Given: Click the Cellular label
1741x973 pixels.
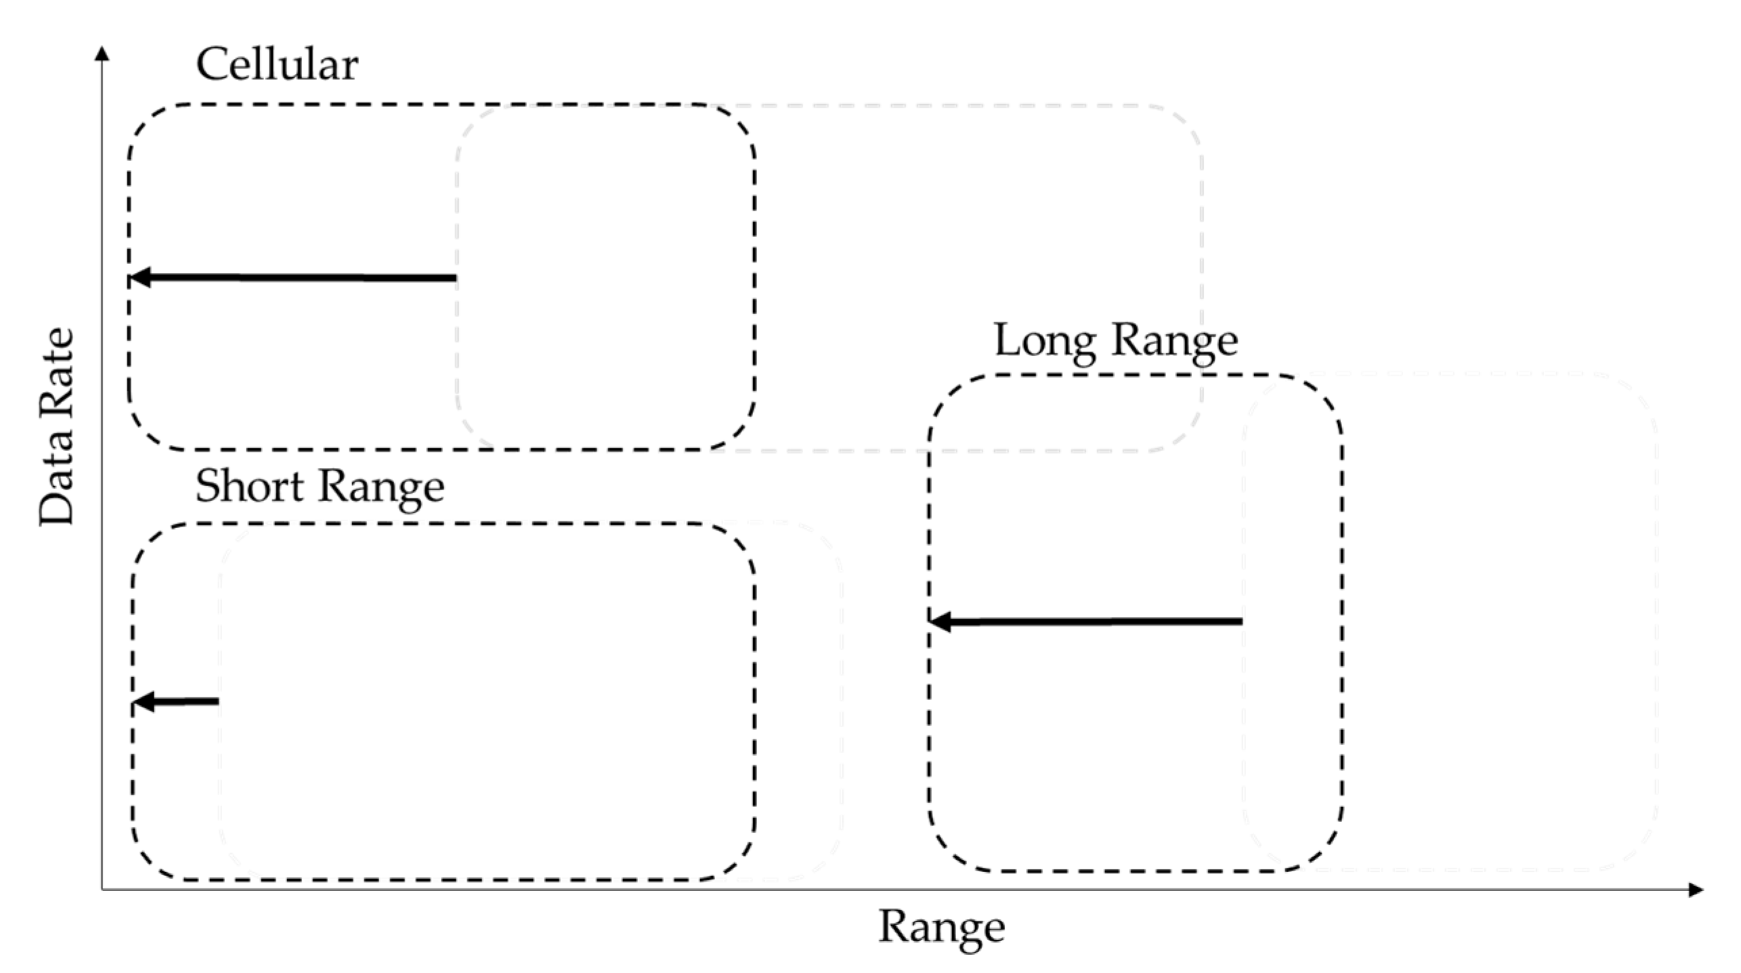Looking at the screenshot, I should pos(277,65).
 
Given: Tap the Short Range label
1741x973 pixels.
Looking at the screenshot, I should pos(320,487).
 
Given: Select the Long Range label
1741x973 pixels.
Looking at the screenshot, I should pos(1115,341).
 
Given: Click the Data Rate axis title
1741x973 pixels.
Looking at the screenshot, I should pos(56,427).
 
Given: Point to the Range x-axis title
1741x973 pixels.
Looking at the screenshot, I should pos(941,927).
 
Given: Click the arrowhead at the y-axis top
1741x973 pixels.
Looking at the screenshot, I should pos(102,53).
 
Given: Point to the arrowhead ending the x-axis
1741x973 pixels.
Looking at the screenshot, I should pos(1695,890).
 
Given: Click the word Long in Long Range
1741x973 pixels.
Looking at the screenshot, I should pos(1044,341).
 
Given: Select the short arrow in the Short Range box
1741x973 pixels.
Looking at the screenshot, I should pos(177,701).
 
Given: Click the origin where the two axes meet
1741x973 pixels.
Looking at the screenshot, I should pos(102,889).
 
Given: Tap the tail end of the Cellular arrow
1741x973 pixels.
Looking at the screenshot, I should pos(454,278).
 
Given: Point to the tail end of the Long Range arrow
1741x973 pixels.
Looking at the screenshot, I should pos(1239,621).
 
